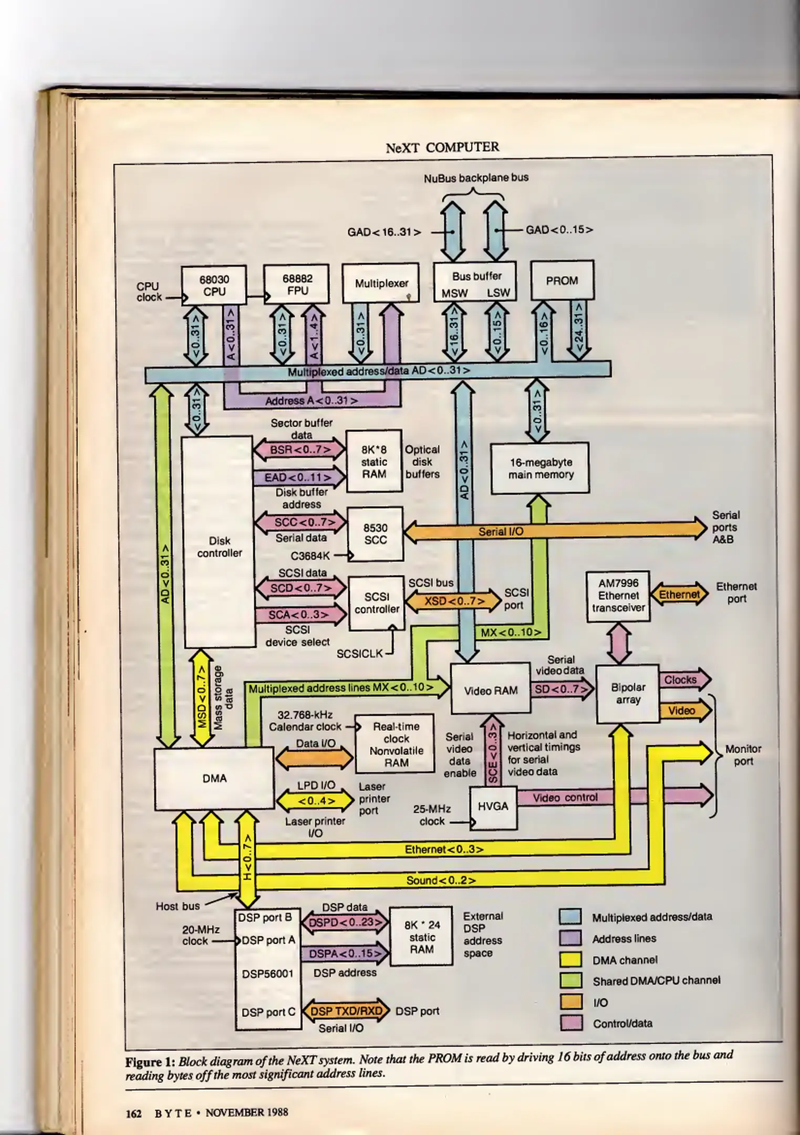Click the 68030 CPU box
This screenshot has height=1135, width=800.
tap(214, 285)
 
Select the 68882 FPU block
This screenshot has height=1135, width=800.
tap(297, 284)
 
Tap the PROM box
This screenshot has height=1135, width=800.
tap(562, 280)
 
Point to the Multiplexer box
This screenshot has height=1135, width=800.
tap(381, 283)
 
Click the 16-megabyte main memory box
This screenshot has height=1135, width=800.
tap(540, 468)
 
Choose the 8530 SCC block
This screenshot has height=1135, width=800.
tap(376, 534)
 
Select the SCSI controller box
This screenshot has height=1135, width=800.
tap(377, 603)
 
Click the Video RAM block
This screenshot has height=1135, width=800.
tap(491, 690)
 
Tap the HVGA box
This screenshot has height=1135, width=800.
tap(493, 806)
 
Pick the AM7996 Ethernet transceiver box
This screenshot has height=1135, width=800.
tap(618, 595)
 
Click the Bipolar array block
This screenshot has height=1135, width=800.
tap(628, 693)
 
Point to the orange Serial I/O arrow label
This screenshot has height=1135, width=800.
tap(501, 531)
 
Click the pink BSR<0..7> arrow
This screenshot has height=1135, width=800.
tap(300, 450)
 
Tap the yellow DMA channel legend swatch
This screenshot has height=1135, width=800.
tap(570, 959)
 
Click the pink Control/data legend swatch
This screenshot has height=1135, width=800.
tap(570, 1023)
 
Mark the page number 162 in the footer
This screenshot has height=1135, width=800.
tap(133, 1112)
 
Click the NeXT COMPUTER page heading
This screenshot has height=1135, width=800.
tap(442, 147)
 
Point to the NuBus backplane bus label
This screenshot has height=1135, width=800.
tap(476, 178)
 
